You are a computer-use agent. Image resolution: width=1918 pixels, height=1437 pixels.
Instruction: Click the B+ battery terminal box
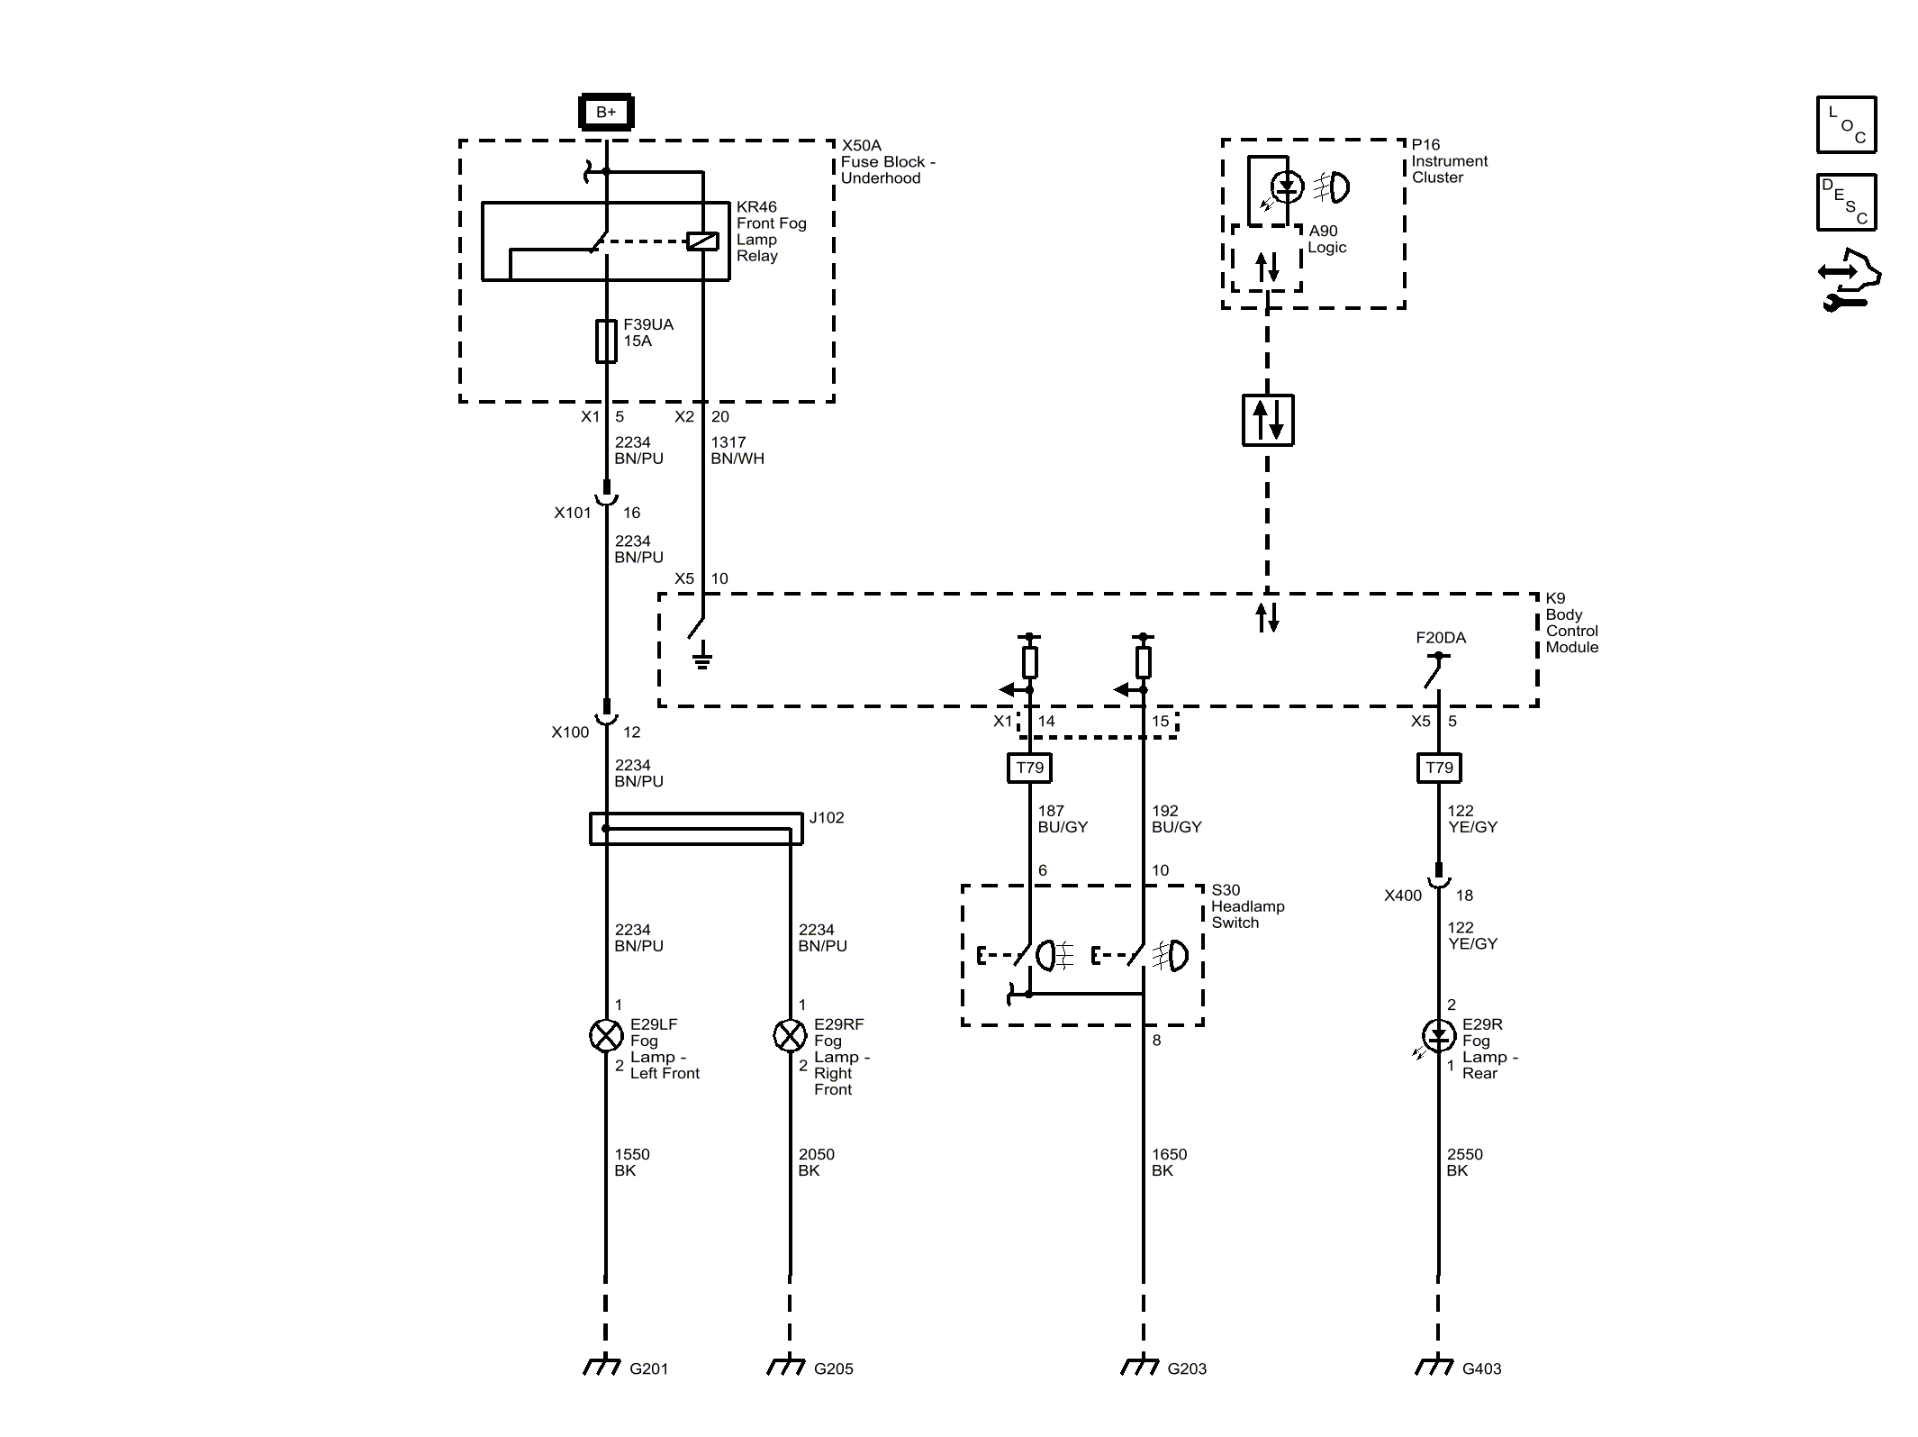(606, 113)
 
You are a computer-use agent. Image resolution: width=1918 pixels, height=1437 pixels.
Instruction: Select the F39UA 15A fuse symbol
(606, 341)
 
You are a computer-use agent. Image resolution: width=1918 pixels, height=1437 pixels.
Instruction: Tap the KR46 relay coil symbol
(702, 241)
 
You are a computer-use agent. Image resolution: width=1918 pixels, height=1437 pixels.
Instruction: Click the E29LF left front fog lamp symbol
(606, 1036)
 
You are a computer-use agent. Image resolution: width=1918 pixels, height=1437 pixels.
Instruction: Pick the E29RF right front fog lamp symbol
(790, 1036)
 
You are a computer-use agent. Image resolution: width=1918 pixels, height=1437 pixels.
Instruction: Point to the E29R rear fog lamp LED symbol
(1438, 1036)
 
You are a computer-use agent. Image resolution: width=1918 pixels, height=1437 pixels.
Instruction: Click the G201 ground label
(648, 1369)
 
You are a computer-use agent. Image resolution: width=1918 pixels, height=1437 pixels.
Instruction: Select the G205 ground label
(833, 1369)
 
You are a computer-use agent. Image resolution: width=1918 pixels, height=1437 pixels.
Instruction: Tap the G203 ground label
(1187, 1369)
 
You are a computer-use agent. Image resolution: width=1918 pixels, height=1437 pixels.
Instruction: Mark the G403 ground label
(1481, 1369)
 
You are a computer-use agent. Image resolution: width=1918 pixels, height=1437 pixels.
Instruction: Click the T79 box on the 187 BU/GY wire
(1029, 768)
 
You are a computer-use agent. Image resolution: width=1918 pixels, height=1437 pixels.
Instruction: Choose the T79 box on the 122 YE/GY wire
(1439, 768)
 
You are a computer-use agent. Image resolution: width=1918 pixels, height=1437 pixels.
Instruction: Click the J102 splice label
(827, 818)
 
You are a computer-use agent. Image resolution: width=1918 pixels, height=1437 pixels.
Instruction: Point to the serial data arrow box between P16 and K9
(1268, 420)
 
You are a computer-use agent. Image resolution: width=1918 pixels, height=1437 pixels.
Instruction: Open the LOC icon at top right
(1846, 124)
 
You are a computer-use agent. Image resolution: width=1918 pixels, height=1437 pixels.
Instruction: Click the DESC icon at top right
(1846, 202)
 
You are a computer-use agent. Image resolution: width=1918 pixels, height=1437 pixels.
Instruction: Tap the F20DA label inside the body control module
(1441, 638)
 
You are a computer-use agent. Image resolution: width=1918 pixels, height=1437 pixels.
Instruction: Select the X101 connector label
(573, 513)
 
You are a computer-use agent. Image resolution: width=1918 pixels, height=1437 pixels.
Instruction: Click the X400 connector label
(1403, 896)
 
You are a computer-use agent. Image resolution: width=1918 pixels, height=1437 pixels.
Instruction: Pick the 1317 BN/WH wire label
(737, 450)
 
